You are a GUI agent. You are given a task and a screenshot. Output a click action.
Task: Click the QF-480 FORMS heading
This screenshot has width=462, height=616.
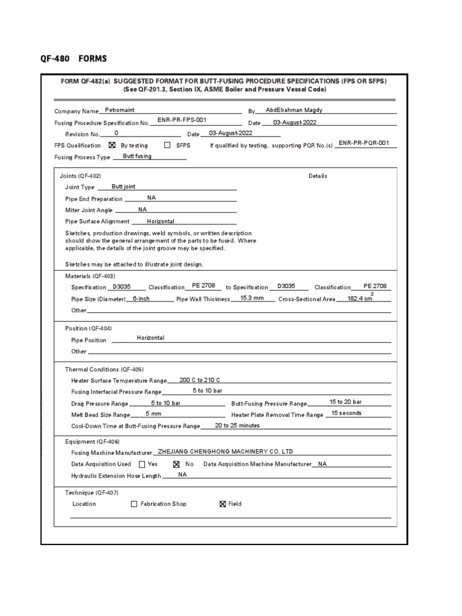click(x=73, y=58)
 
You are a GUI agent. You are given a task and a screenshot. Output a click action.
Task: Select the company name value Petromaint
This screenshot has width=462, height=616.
click(x=120, y=110)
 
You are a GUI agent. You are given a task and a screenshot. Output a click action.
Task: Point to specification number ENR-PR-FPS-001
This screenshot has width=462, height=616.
click(x=182, y=120)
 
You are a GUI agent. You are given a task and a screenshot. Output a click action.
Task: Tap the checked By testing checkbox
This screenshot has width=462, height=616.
click(x=112, y=145)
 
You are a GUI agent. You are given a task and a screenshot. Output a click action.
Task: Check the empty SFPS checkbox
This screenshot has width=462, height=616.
click(x=167, y=145)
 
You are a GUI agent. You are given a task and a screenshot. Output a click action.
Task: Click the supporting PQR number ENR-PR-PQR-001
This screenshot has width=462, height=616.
click(x=364, y=143)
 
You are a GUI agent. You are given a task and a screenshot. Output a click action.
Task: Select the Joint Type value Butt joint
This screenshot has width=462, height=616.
click(x=123, y=186)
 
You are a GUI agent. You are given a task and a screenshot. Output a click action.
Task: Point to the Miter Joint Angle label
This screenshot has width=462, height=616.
click(x=88, y=211)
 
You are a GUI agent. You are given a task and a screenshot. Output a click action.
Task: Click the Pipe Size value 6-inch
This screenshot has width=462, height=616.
click(x=141, y=298)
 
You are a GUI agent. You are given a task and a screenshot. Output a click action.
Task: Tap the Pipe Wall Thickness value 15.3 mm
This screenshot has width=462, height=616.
click(x=252, y=298)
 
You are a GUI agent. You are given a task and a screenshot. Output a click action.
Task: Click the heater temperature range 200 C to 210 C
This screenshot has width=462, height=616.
click(x=200, y=380)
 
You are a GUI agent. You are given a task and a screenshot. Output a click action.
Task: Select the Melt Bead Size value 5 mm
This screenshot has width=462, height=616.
click(x=153, y=414)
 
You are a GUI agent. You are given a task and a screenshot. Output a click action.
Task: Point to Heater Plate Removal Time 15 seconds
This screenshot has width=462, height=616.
click(x=346, y=413)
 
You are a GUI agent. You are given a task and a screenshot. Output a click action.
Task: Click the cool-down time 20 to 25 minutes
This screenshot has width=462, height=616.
click(x=237, y=425)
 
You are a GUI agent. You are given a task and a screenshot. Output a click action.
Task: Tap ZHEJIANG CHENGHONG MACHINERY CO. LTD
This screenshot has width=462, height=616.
click(x=224, y=452)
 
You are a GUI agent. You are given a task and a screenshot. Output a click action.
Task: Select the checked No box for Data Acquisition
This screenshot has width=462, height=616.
click(x=176, y=464)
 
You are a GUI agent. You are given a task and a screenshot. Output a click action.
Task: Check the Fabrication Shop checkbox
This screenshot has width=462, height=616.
click(x=134, y=504)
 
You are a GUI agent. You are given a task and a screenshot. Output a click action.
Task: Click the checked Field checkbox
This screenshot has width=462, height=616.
click(x=223, y=504)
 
